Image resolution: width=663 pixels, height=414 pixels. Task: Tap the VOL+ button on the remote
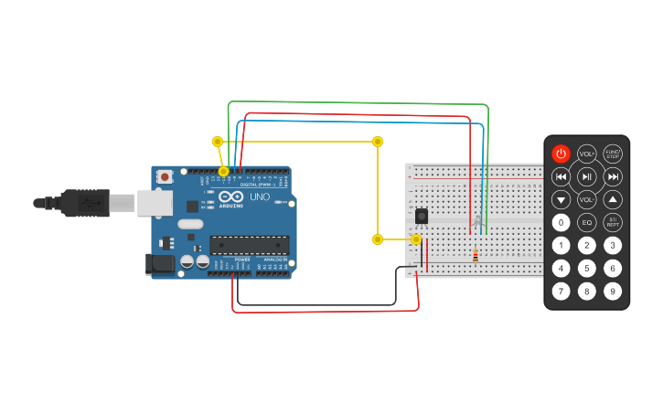(x=586, y=154)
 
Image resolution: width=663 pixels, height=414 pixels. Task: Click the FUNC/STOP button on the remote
(x=613, y=154)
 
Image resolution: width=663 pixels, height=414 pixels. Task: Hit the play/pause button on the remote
(x=587, y=176)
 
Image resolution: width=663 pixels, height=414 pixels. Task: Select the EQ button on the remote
(x=586, y=222)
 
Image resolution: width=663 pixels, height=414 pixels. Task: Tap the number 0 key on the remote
(x=561, y=222)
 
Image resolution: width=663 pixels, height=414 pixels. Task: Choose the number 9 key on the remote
(x=613, y=292)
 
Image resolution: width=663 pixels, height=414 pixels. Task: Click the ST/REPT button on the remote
(x=613, y=222)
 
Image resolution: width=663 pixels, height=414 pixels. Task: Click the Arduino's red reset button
(x=165, y=176)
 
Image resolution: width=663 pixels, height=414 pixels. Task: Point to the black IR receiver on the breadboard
(x=421, y=217)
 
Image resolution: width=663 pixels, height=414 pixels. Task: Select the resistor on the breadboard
(x=475, y=256)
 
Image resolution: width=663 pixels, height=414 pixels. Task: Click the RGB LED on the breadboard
(x=476, y=221)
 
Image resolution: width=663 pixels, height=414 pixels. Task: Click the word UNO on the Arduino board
(x=260, y=196)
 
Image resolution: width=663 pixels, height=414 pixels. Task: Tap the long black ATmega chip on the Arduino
(x=249, y=245)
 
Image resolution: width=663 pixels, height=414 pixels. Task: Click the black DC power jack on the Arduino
(x=160, y=265)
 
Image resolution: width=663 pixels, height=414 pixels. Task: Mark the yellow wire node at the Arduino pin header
(x=223, y=171)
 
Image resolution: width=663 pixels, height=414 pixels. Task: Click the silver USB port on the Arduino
(x=154, y=203)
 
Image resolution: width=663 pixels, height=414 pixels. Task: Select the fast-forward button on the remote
(x=613, y=176)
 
